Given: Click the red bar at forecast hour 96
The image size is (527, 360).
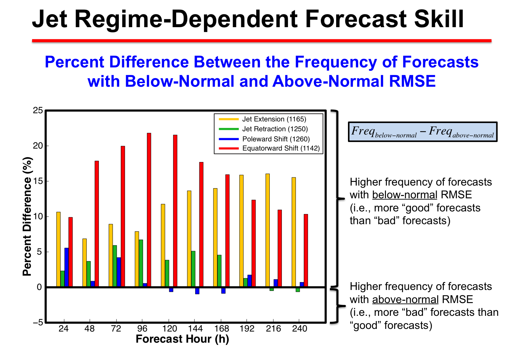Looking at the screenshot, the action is (149, 210).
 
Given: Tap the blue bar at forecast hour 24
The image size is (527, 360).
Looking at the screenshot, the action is (66, 267).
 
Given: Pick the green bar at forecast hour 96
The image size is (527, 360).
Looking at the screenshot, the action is (141, 263).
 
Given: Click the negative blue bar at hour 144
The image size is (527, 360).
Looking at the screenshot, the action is (197, 291).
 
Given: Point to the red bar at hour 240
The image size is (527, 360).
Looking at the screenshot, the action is (306, 250).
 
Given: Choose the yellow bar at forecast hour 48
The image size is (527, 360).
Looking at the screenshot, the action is (84, 263).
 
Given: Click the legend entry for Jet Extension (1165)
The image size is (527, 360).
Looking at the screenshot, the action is (263, 119).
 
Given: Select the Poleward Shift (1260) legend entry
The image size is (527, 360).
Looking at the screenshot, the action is (264, 139).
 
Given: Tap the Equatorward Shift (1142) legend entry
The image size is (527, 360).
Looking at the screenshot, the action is (269, 148).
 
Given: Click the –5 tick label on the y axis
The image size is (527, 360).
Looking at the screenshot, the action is (38, 322).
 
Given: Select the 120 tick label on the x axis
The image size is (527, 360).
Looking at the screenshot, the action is (170, 329).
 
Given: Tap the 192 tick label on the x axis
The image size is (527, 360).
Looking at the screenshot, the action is (247, 329).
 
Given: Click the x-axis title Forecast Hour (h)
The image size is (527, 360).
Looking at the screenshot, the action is (182, 339).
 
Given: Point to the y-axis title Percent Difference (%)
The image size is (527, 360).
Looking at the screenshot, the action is (27, 216).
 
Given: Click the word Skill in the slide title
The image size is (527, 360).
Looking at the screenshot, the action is (439, 19).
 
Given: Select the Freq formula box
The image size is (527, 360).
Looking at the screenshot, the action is (423, 132).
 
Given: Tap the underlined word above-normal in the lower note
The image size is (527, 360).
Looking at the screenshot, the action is (405, 299).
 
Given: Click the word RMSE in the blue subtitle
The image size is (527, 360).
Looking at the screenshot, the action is (412, 81).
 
